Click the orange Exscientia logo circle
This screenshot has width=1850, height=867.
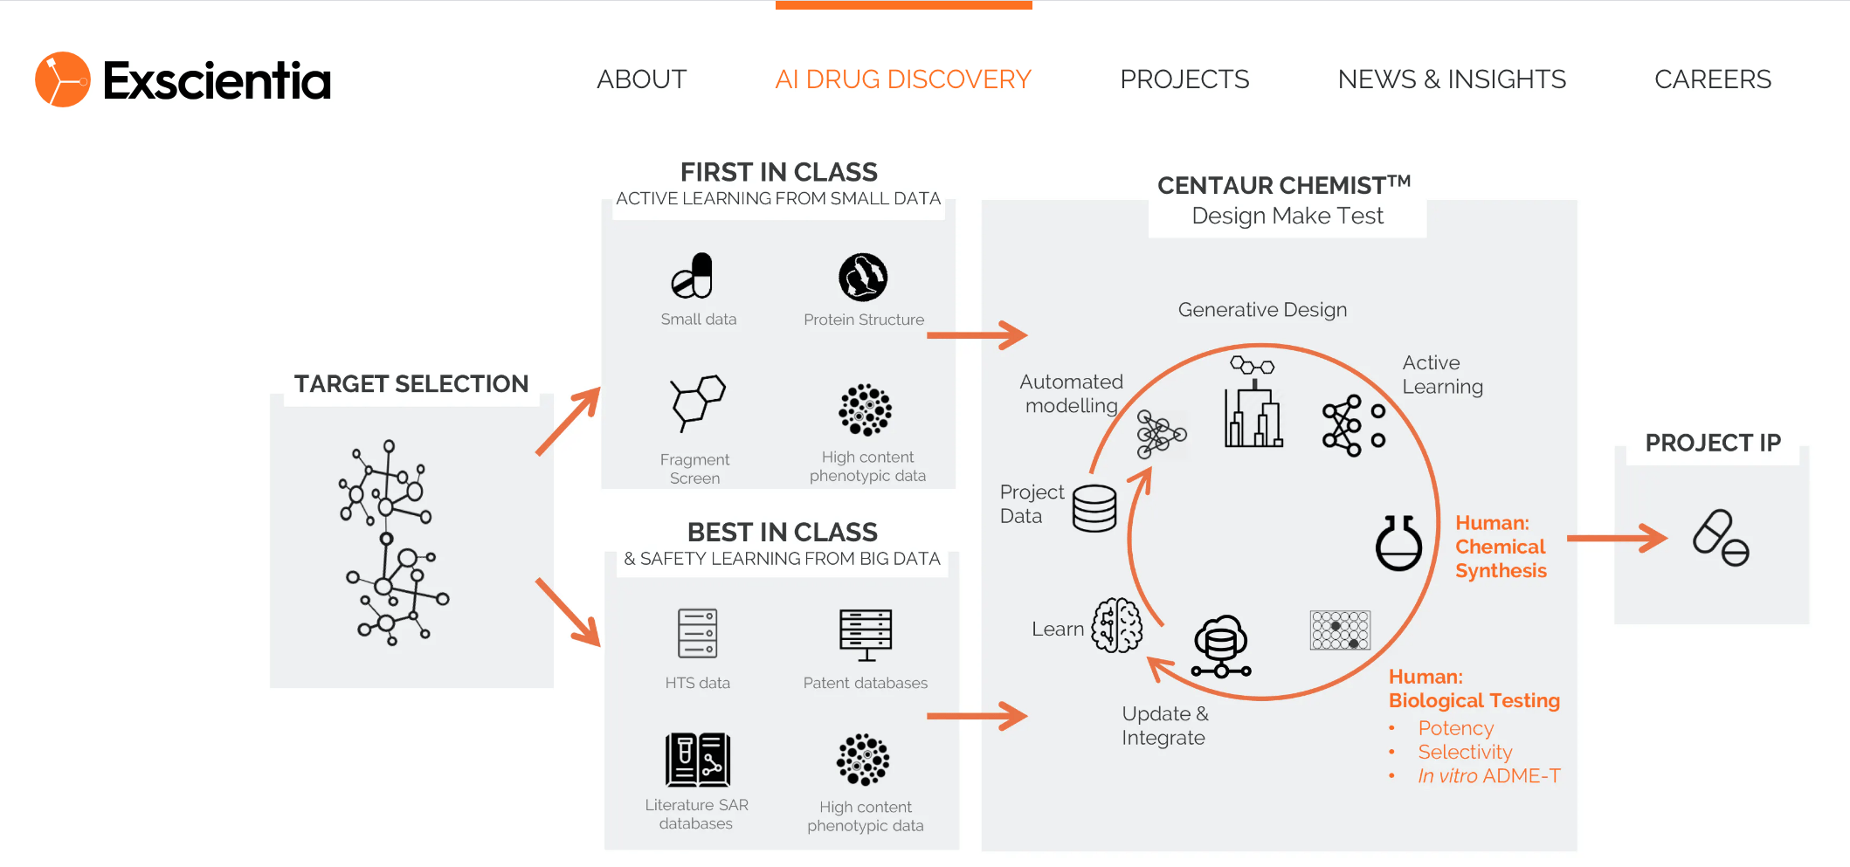click(x=62, y=79)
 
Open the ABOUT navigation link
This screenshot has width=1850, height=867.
click(x=641, y=79)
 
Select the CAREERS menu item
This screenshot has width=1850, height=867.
click(x=1712, y=79)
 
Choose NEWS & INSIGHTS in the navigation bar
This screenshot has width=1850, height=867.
click(x=1452, y=79)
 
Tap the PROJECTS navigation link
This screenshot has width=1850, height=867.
click(x=1184, y=79)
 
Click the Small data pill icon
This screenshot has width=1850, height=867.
click(x=694, y=276)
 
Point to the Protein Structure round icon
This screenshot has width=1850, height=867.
click(x=863, y=277)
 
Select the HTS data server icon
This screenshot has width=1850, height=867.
click(x=698, y=633)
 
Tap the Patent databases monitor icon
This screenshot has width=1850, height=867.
click(x=866, y=634)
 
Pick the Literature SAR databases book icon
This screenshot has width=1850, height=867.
click(x=697, y=760)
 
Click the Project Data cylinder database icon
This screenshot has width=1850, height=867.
click(x=1094, y=508)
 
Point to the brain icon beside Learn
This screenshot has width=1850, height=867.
click(x=1117, y=625)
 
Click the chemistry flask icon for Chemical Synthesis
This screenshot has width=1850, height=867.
click(x=1398, y=543)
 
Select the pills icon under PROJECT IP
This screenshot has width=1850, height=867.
click(x=1721, y=538)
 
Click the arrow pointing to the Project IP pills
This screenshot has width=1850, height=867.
click(x=1616, y=538)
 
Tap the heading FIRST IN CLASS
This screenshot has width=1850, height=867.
click(x=778, y=172)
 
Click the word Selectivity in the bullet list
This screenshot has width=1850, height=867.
click(x=1465, y=752)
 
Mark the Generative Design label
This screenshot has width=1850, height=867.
click(x=1262, y=310)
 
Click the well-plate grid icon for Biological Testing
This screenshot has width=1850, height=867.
click(x=1340, y=630)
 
